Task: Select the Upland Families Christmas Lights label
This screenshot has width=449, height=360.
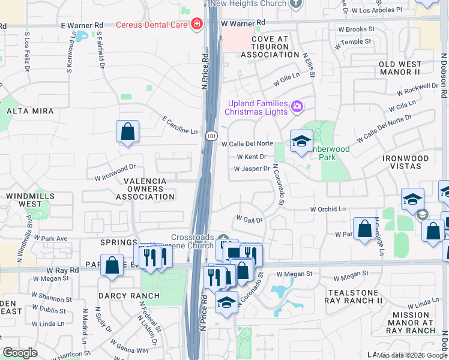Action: click(257, 107)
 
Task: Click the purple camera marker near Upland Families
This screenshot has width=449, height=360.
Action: click(296, 107)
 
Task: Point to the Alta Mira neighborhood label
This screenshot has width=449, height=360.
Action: click(30, 111)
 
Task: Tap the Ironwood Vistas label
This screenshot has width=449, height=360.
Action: click(406, 162)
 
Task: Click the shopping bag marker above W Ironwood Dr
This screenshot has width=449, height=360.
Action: click(127, 131)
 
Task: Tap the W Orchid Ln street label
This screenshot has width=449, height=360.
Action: click(328, 209)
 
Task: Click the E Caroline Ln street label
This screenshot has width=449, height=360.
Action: click(179, 125)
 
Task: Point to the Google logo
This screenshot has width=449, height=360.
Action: click(20, 353)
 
